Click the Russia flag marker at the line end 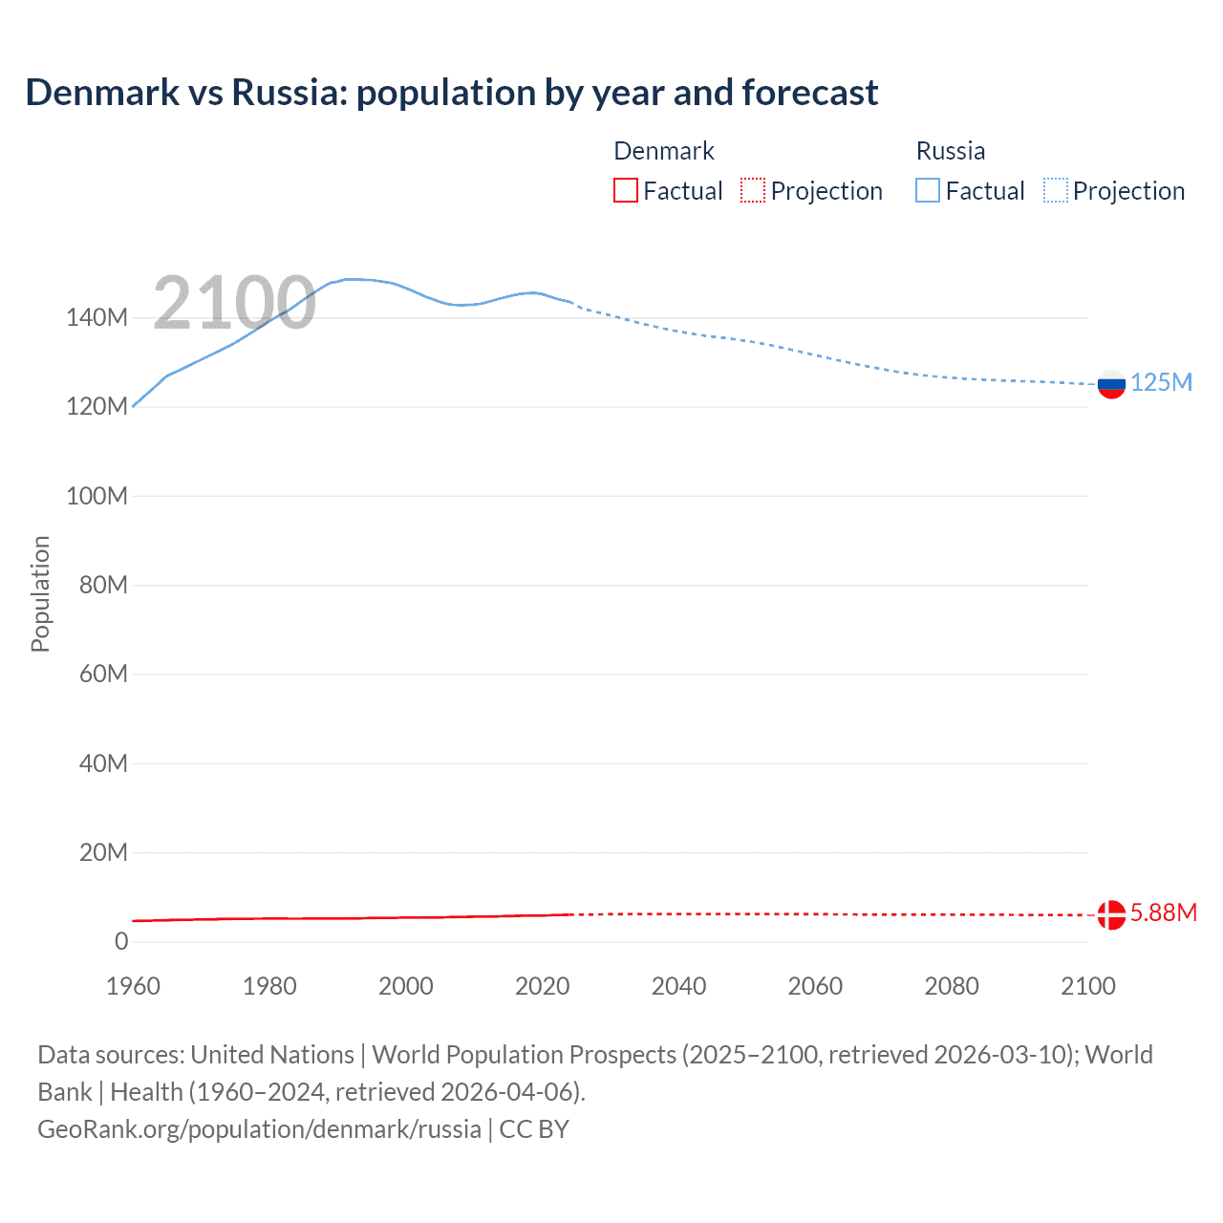pyautogui.click(x=1111, y=384)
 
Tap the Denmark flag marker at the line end pyautogui.click(x=1111, y=914)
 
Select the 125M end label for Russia pyautogui.click(x=1161, y=383)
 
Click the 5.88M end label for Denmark pyautogui.click(x=1163, y=913)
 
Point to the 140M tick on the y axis pyautogui.click(x=97, y=318)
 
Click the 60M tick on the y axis pyautogui.click(x=103, y=675)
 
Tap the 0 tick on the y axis pyautogui.click(x=121, y=942)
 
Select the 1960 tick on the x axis pyautogui.click(x=133, y=986)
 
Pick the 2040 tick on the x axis pyautogui.click(x=678, y=986)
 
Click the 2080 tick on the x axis pyautogui.click(x=952, y=986)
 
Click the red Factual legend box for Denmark pyautogui.click(x=626, y=191)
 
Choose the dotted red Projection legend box pyautogui.click(x=753, y=191)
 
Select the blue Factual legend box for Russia pyautogui.click(x=928, y=191)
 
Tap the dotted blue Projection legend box pyautogui.click(x=1056, y=191)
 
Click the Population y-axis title pyautogui.click(x=40, y=593)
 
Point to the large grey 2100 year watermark pyautogui.click(x=234, y=303)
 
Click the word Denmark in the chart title pyautogui.click(x=102, y=93)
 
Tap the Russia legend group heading pyautogui.click(x=950, y=151)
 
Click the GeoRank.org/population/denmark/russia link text pyautogui.click(x=259, y=1129)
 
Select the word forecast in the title pyautogui.click(x=809, y=93)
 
